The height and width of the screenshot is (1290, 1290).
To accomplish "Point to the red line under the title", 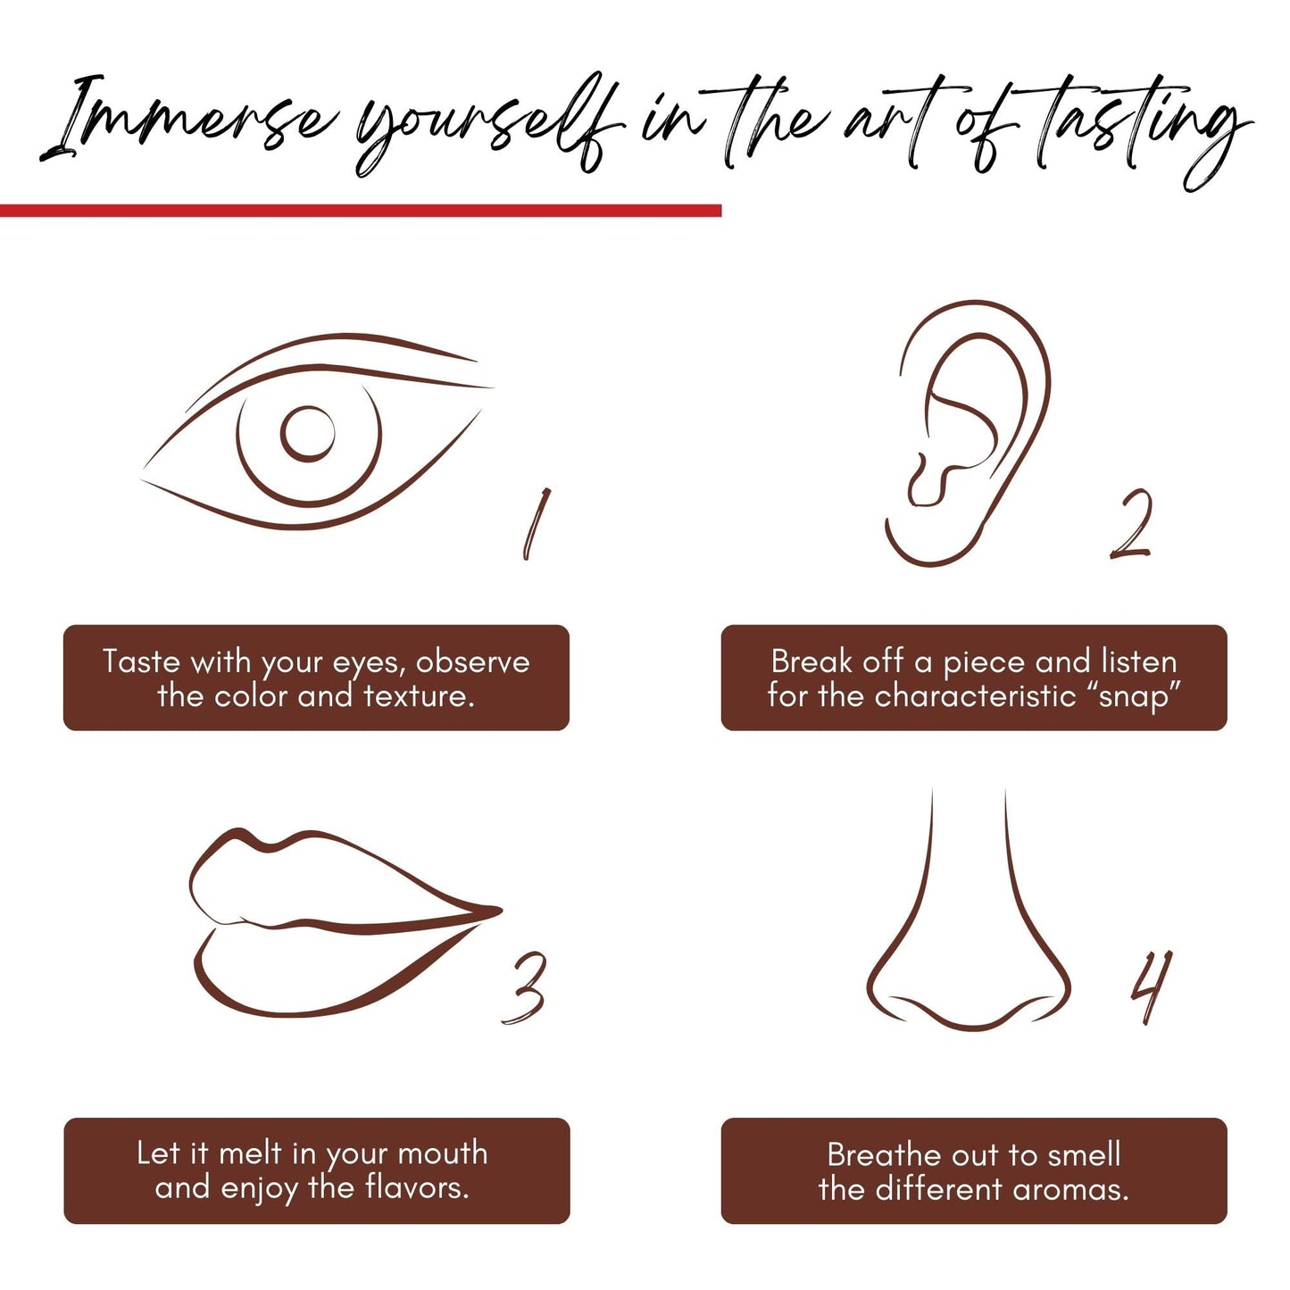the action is click(x=361, y=211).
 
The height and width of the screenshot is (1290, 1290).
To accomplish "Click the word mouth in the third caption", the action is click(x=443, y=1153).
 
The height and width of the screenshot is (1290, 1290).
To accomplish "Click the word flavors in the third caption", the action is click(x=416, y=1187).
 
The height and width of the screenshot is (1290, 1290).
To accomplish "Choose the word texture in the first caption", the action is click(x=419, y=697).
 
